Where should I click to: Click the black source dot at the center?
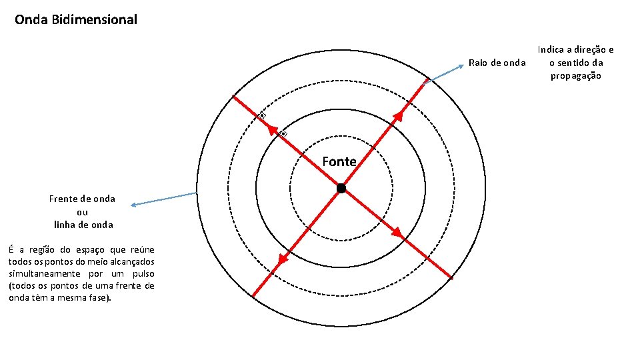point(341,188)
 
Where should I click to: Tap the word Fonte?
point(339,161)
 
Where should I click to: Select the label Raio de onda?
point(497,63)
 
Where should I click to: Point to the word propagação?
point(575,76)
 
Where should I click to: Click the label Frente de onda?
point(82,199)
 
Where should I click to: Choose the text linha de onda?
point(83,225)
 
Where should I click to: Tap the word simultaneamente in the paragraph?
point(45,273)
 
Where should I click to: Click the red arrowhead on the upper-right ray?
point(398,117)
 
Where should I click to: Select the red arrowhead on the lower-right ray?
point(397,233)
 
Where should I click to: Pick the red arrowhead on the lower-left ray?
point(283,259)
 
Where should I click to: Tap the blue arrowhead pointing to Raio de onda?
point(461,66)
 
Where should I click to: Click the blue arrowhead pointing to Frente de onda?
point(133,205)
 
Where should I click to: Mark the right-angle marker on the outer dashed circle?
point(261,115)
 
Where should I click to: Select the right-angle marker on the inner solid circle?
point(283,134)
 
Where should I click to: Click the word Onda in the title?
point(31,19)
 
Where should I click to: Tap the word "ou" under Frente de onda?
point(82,212)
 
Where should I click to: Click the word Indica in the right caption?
point(551,50)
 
